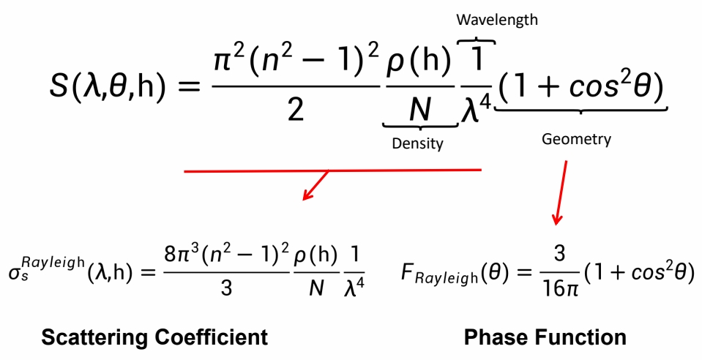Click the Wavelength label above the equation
[x=497, y=20]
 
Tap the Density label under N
[x=418, y=143]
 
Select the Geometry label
[x=576, y=139]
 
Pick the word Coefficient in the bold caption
[x=217, y=337]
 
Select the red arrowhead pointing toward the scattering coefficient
[x=309, y=194]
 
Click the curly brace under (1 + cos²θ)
[x=582, y=110]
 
